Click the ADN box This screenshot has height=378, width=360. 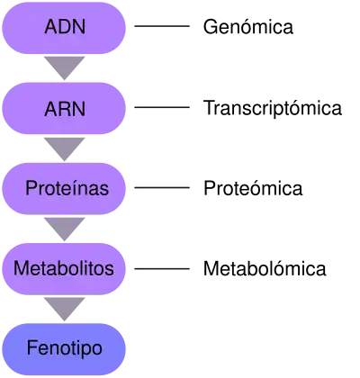64,28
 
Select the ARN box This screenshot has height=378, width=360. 64,108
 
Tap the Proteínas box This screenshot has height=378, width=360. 64,189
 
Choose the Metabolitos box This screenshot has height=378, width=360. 64,269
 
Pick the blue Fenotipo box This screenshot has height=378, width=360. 64,349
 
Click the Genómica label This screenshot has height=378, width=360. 248,27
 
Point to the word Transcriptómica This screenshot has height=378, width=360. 273,108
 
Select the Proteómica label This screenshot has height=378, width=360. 253,188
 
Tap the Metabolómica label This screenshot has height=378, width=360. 265,268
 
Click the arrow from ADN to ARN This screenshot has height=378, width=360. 64,67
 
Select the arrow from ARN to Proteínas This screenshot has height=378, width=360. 64,148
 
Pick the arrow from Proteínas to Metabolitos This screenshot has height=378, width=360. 64,228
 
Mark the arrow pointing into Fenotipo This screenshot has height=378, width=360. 64,308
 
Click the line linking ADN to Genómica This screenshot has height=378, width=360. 162,26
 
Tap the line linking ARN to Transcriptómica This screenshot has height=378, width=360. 162,107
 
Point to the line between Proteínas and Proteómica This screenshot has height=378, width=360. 162,188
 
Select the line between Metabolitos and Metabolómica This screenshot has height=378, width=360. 162,268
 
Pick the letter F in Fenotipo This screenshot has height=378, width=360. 32,347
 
